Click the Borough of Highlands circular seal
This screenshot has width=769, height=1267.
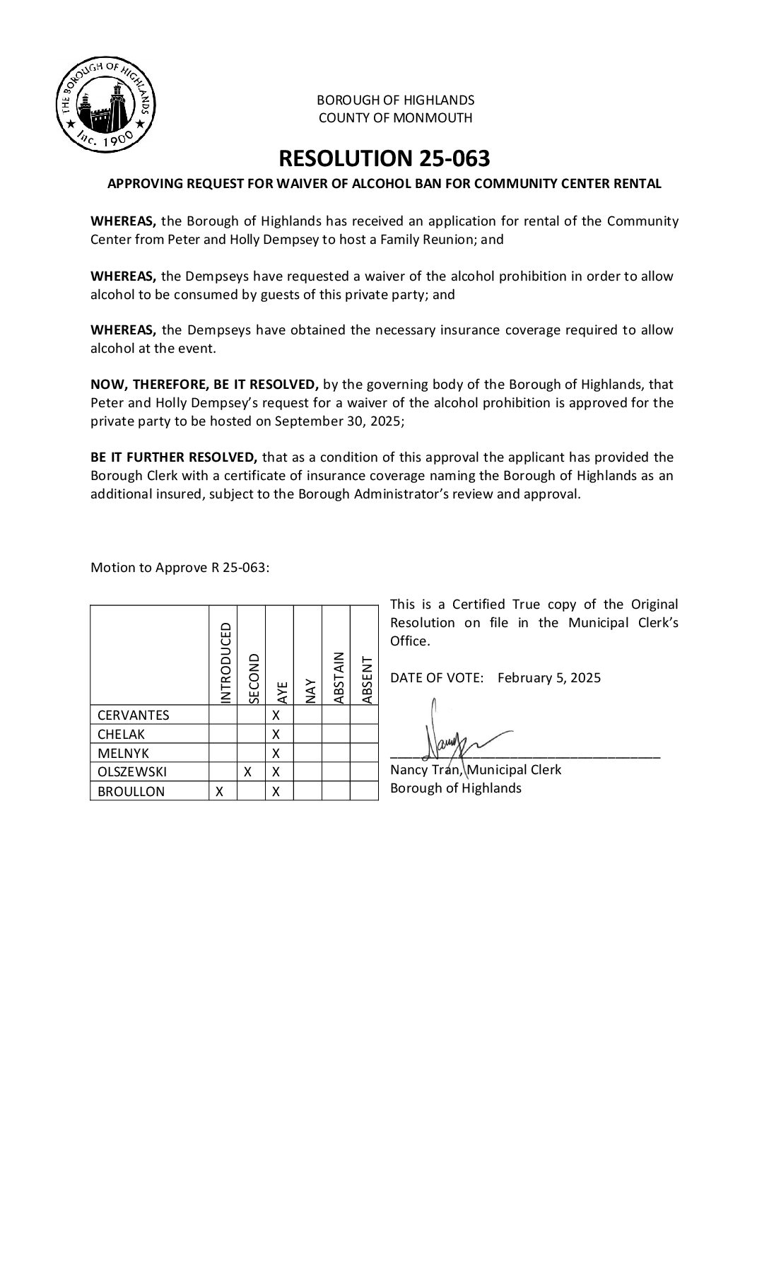click(106, 107)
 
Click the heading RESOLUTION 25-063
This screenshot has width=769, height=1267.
click(384, 158)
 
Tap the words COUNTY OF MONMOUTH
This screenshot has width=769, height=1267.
click(395, 118)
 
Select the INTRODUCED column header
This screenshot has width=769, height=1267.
click(225, 663)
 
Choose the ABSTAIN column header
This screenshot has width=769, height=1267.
click(339, 677)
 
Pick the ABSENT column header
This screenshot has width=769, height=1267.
click(366, 680)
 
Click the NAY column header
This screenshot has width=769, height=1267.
click(310, 690)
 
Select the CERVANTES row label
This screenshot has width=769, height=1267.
click(134, 715)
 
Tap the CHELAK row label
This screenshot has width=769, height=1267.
click(121, 734)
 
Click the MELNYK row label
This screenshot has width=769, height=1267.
click(123, 753)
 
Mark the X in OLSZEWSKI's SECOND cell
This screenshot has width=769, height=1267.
click(248, 772)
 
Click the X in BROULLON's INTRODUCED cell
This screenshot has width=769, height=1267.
click(220, 791)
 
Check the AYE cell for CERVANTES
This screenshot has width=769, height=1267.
click(276, 715)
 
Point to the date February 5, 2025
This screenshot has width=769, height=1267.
click(549, 678)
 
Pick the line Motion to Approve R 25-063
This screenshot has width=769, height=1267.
click(180, 568)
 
